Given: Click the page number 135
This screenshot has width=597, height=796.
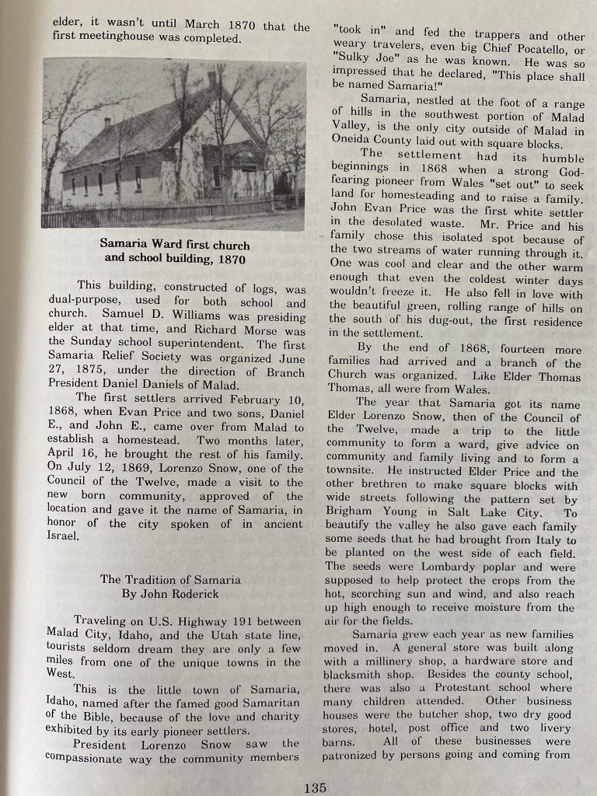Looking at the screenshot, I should [315, 787].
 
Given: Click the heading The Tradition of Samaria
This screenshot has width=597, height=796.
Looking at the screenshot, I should [169, 579].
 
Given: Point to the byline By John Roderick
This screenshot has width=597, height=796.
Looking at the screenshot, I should [169, 594].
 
